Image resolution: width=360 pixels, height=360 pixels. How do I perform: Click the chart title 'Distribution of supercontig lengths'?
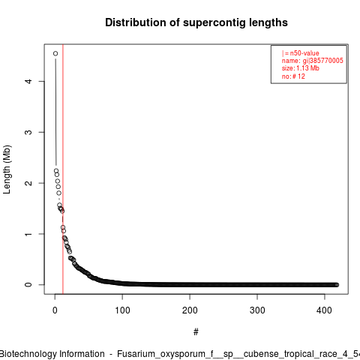[x=196, y=22]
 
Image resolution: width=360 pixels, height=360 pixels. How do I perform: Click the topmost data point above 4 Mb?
[x=55, y=53]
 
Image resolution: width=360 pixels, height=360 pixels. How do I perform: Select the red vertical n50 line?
[x=63, y=169]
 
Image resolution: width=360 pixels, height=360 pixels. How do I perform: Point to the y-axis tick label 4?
[x=29, y=81]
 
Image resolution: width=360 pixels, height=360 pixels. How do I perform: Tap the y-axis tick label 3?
[x=29, y=132]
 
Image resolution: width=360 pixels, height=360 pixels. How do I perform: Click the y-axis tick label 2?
[x=29, y=183]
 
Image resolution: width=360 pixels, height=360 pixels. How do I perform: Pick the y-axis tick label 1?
[x=29, y=234]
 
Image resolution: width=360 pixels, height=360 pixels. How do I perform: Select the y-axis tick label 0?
[x=29, y=285]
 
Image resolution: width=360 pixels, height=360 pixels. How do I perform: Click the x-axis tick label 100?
[x=122, y=310]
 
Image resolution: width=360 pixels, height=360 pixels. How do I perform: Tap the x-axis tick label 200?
[x=190, y=310]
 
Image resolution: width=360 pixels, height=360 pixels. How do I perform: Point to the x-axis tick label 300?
[x=257, y=310]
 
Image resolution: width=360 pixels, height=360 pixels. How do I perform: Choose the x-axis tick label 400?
[x=325, y=310]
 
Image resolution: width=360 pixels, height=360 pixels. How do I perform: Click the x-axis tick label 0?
[x=55, y=310]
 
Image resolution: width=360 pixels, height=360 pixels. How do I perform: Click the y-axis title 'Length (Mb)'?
[x=7, y=169]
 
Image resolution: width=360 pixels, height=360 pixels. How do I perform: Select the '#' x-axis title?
[x=196, y=332]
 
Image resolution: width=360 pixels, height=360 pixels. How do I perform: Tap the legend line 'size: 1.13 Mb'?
[x=301, y=68]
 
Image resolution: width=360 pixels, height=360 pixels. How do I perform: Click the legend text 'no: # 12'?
[x=293, y=76]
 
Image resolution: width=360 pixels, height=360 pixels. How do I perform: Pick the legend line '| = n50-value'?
[x=301, y=53]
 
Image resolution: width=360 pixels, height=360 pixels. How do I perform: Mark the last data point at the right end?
[x=337, y=285]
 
